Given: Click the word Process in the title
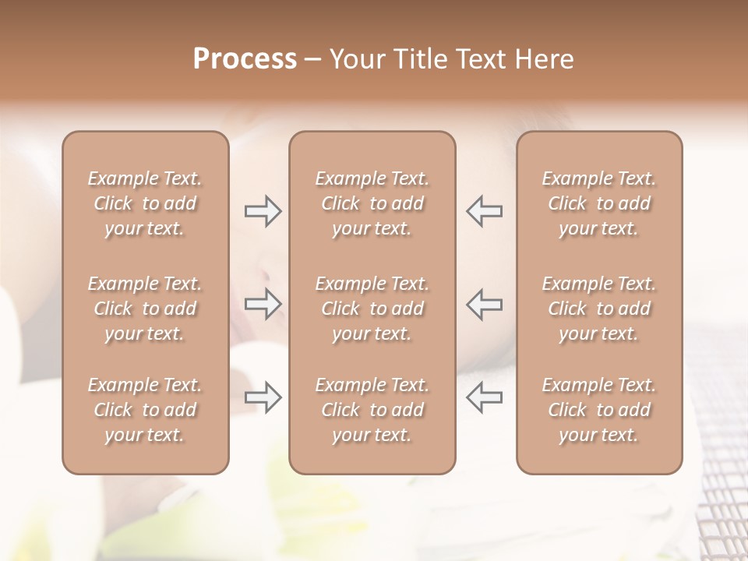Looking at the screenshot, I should coord(245,59).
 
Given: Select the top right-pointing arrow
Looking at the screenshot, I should coord(263,211).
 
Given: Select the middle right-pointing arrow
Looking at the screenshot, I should coord(263,304).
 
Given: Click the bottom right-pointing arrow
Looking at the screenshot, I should coord(263,397).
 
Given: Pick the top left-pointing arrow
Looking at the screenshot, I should coord(485,211).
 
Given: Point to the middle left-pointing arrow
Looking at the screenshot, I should coord(485,304).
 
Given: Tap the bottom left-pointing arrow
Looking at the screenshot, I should coord(485,397).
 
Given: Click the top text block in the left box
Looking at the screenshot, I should coord(145,203).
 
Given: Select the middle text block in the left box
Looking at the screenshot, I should coord(145,309).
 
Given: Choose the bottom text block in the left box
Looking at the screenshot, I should coord(145,410).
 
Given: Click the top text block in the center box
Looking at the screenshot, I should coord(372,203).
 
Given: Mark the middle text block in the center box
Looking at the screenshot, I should coord(372,309).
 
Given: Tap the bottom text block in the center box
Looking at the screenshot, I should coord(372,410).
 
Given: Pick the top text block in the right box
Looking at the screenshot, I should coord(599,203).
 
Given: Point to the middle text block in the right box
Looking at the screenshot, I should coord(599,309).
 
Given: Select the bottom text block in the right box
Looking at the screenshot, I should coord(599,410).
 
